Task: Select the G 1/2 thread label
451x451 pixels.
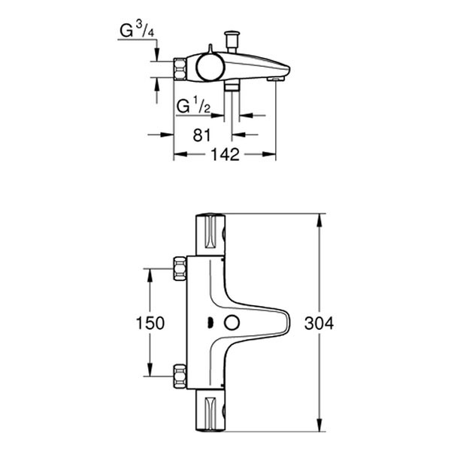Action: (192, 106)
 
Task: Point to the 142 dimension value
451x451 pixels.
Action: (224, 155)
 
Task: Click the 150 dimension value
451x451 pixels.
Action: (150, 323)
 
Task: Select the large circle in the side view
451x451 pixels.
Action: (210, 68)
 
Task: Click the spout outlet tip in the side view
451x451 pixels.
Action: (276, 77)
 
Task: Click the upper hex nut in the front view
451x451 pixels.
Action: (180, 268)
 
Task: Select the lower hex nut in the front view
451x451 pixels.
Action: (180, 374)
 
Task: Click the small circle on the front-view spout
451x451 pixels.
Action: (232, 322)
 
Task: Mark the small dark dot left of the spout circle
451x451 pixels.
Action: (210, 323)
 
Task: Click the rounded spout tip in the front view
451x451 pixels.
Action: (286, 322)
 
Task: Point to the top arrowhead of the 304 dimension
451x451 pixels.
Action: (321, 219)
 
